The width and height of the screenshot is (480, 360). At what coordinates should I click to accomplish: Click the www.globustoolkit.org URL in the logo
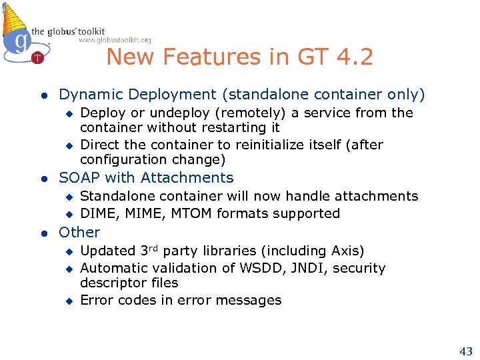(115, 40)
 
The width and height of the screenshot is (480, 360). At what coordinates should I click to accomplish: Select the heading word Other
(79, 232)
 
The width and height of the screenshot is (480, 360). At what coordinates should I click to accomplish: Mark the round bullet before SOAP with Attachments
(43, 178)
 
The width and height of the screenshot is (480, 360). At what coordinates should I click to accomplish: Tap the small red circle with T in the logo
(38, 58)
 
